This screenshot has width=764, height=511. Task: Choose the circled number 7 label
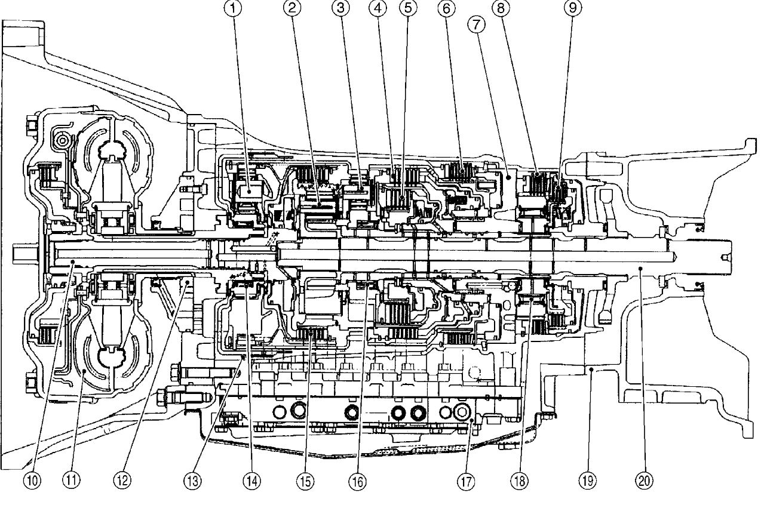coord(476,24)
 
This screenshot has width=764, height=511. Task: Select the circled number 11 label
coord(72,479)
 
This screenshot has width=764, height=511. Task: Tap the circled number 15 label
coord(306,479)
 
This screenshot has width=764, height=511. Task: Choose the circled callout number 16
coord(358,479)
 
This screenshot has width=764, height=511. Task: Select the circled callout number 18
coord(520,479)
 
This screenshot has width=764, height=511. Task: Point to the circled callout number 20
coord(645,479)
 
